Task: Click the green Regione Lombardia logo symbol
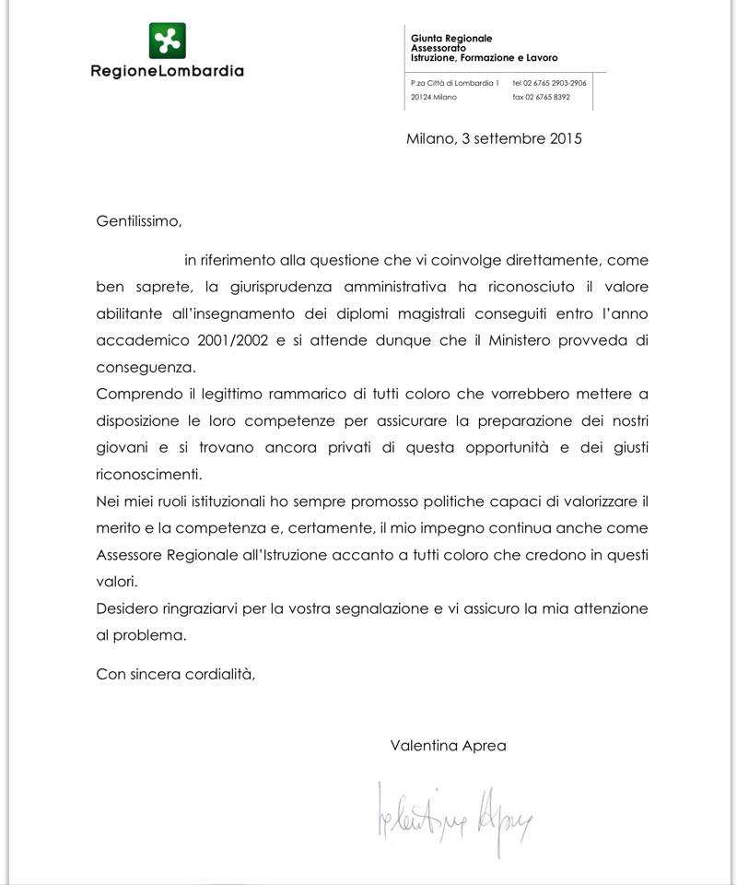click(x=168, y=41)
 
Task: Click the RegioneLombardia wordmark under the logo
click(x=167, y=71)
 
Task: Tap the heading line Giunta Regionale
click(x=451, y=38)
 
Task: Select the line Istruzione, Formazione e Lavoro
click(x=484, y=57)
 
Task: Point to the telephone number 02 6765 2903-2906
click(x=550, y=83)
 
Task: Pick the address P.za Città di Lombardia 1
click(x=455, y=83)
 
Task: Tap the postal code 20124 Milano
click(x=434, y=97)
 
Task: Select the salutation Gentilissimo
click(x=134, y=221)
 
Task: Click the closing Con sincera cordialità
click(x=175, y=673)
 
